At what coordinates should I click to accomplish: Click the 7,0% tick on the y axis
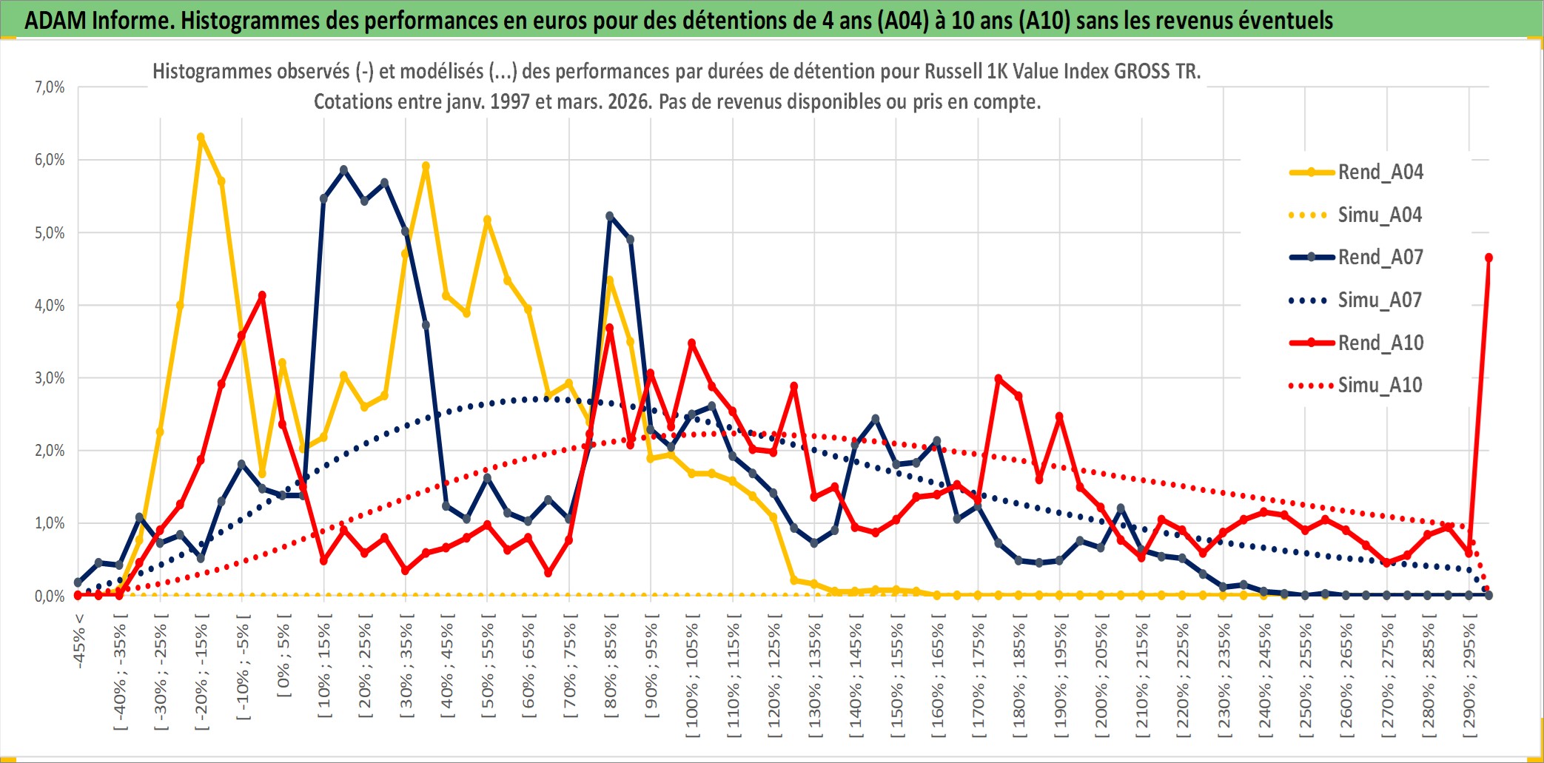pyautogui.click(x=50, y=87)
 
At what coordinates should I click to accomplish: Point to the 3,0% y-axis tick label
pyautogui.click(x=50, y=378)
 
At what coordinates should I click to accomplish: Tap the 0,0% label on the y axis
pyautogui.click(x=50, y=596)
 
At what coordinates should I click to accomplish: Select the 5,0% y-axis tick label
pyautogui.click(x=50, y=233)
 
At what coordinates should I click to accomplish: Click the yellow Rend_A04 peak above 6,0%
pyautogui.click(x=201, y=138)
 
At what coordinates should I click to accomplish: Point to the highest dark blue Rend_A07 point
pyautogui.click(x=343, y=170)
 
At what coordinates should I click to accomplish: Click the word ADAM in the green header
pyautogui.click(x=56, y=20)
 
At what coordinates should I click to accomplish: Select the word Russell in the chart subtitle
pyautogui.click(x=953, y=71)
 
